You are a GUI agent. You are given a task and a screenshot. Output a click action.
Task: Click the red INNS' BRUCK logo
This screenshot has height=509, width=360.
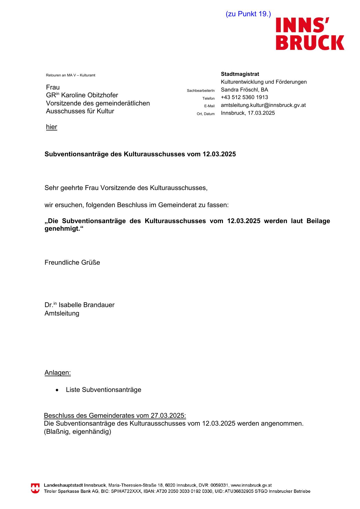pyautogui.click(x=310, y=34)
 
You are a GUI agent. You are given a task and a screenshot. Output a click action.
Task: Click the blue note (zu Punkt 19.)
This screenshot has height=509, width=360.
pyautogui.click(x=248, y=14)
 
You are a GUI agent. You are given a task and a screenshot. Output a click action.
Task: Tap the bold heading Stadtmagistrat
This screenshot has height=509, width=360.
pyautogui.click(x=240, y=74)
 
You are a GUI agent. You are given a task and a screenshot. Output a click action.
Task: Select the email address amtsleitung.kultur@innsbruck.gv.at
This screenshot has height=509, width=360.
pyautogui.click(x=263, y=105)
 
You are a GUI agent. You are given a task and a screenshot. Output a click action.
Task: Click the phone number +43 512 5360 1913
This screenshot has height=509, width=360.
pyautogui.click(x=244, y=97)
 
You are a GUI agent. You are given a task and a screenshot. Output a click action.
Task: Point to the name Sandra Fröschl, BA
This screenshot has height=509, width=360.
pyautogui.click(x=244, y=90)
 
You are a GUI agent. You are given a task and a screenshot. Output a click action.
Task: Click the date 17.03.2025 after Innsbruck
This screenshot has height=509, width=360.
pyautogui.click(x=261, y=113)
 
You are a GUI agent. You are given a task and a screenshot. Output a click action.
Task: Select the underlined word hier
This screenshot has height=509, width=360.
pyautogui.click(x=51, y=127)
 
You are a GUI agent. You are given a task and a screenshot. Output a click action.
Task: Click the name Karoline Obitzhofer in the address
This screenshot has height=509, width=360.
pyautogui.click(x=89, y=95)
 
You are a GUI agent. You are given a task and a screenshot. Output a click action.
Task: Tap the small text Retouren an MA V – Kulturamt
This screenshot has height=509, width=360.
pyautogui.click(x=71, y=75)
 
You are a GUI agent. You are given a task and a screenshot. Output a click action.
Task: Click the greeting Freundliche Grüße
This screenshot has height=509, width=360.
pyautogui.click(x=72, y=263)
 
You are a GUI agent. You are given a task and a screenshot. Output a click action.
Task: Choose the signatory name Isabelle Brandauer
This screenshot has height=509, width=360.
pyautogui.click(x=87, y=305)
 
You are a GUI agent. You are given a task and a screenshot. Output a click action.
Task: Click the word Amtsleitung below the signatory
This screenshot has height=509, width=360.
pyautogui.click(x=62, y=313)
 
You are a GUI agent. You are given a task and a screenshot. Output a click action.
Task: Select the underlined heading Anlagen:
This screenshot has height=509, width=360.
pyautogui.click(x=57, y=373)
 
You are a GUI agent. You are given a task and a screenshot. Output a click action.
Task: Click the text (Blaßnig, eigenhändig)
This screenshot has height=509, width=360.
pyautogui.click(x=78, y=432)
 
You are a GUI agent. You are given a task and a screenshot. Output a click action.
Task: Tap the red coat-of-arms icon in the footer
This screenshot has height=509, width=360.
pyautogui.click(x=35, y=488)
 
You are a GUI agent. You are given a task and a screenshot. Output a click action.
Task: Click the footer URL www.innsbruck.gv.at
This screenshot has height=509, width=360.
pyautogui.click(x=251, y=485)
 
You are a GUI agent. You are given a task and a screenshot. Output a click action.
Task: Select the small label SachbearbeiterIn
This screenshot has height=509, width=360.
pyautogui.click(x=201, y=91)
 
